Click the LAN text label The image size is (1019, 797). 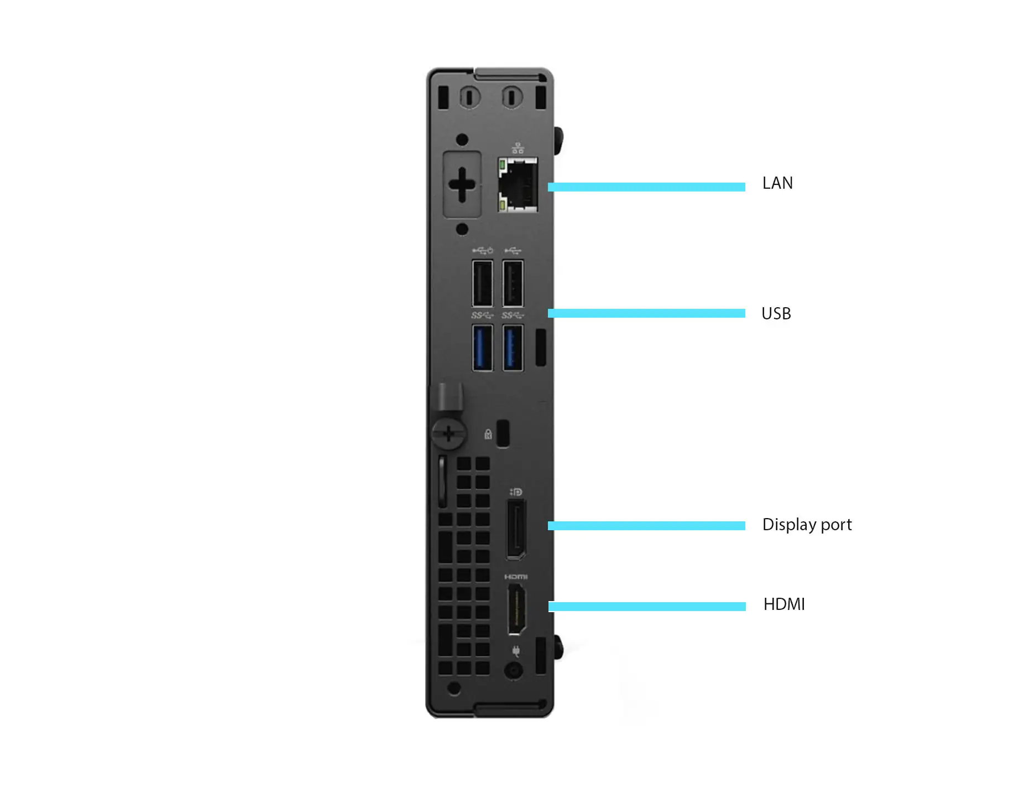pyautogui.click(x=777, y=183)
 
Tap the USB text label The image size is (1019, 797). pyautogui.click(x=776, y=314)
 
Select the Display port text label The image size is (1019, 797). pyautogui.click(x=807, y=525)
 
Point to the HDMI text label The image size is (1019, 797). pyautogui.click(x=784, y=604)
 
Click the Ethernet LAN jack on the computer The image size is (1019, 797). pyautogui.click(x=518, y=184)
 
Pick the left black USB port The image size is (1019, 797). pyautogui.click(x=483, y=283)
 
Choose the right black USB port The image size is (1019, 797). pyautogui.click(x=513, y=283)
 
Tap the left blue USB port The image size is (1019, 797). pyautogui.click(x=483, y=348)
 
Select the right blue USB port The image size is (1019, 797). pyautogui.click(x=513, y=348)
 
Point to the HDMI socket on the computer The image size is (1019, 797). pyautogui.click(x=516, y=609)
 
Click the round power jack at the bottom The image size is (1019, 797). pyautogui.click(x=514, y=671)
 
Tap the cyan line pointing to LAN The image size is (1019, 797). pyautogui.click(x=646, y=187)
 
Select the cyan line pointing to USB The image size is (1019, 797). pyautogui.click(x=646, y=313)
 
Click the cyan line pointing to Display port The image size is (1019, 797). pyautogui.click(x=646, y=526)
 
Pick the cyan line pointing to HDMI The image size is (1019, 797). pyautogui.click(x=647, y=607)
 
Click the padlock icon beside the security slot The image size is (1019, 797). pyautogui.click(x=488, y=434)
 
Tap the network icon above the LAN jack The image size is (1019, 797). pyautogui.click(x=518, y=148)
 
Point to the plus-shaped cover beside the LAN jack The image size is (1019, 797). pyautogui.click(x=462, y=184)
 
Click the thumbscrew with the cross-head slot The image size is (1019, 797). pyautogui.click(x=449, y=433)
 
